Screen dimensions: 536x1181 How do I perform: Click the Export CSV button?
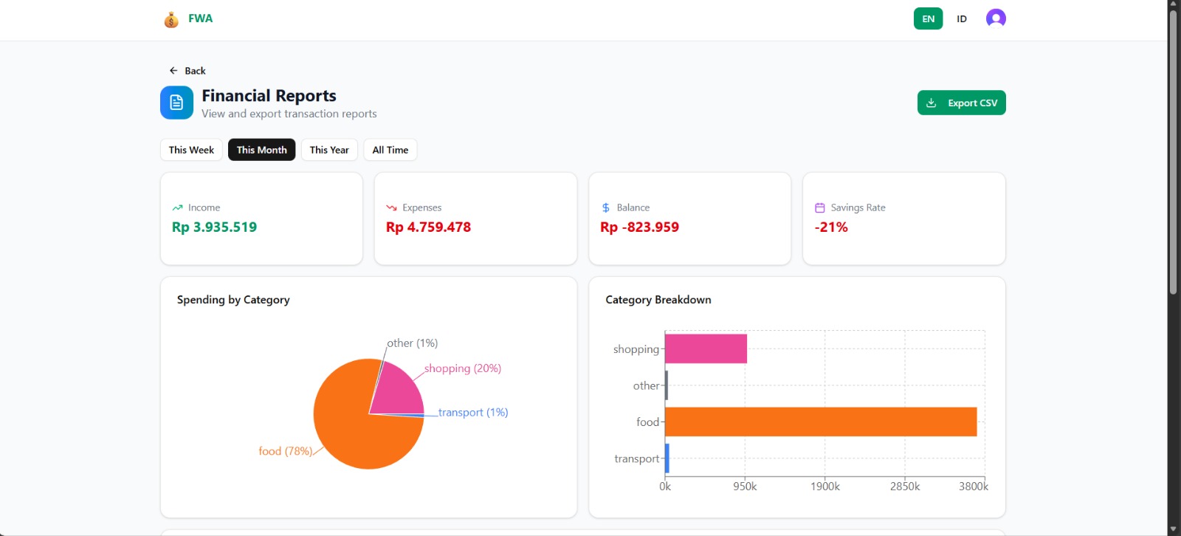961,103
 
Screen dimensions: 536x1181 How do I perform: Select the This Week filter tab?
191,150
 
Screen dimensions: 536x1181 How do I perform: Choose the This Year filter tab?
329,150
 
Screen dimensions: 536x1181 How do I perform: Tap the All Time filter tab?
390,150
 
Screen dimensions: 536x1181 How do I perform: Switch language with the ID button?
961,19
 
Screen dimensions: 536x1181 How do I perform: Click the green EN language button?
928,19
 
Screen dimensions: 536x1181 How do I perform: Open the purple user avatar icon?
996,18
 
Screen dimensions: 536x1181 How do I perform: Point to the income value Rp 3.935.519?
214,227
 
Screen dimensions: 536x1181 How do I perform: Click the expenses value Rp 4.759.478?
428,227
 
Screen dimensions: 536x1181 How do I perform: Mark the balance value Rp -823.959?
639,227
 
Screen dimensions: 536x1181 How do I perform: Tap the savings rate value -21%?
831,227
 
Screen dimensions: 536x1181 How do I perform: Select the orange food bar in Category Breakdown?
820,422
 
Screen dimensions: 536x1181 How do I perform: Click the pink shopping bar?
706,348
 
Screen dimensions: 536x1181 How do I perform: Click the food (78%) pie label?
285,451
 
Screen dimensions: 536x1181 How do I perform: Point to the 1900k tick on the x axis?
824,487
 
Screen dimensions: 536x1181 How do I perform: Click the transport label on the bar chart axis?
636,458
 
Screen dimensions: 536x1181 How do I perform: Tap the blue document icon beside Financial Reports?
176,103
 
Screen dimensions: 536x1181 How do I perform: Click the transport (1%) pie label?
472,413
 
